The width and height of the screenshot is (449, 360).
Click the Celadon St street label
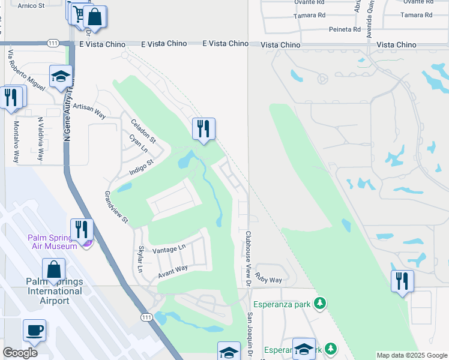click(x=144, y=131)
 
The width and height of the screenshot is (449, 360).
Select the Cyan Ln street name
click(x=138, y=143)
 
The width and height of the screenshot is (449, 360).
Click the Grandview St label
click(x=116, y=207)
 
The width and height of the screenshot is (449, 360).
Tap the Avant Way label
click(x=173, y=271)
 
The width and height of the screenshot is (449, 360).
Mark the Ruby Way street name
click(x=268, y=280)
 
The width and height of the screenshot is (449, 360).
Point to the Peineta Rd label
click(x=344, y=29)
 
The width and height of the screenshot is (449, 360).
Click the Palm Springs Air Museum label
click(x=52, y=241)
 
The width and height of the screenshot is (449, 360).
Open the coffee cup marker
click(x=34, y=330)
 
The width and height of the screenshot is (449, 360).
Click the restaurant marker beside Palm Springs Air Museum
click(x=81, y=229)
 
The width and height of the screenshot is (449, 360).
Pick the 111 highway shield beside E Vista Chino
click(x=52, y=43)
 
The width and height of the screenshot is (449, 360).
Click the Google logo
click(x=20, y=352)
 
